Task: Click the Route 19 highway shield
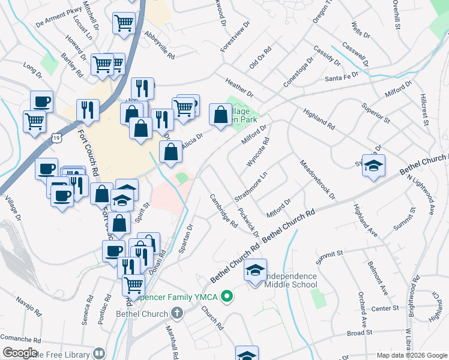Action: coord(55,139)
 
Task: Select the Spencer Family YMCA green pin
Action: coord(227,296)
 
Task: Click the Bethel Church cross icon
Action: coord(176,313)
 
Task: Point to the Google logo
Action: coord(20,353)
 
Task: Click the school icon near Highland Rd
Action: coord(373,166)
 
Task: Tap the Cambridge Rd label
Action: coord(224,211)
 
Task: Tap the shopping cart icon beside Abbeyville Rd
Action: coord(124,24)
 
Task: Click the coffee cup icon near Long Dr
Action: coord(41,101)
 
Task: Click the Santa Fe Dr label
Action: coord(341,77)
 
